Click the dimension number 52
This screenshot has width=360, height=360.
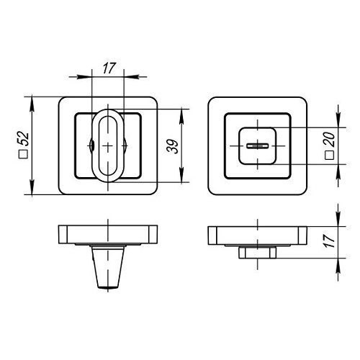[24, 139]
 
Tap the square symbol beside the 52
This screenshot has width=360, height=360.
[24, 154]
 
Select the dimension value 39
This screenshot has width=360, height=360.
[173, 146]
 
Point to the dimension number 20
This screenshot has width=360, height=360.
[330, 140]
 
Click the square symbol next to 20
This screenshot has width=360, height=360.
[330, 156]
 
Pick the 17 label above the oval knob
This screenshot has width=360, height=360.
[109, 68]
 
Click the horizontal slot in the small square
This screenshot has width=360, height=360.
[257, 145]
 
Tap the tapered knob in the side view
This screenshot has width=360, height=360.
[108, 267]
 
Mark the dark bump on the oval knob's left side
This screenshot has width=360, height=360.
[91, 145]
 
